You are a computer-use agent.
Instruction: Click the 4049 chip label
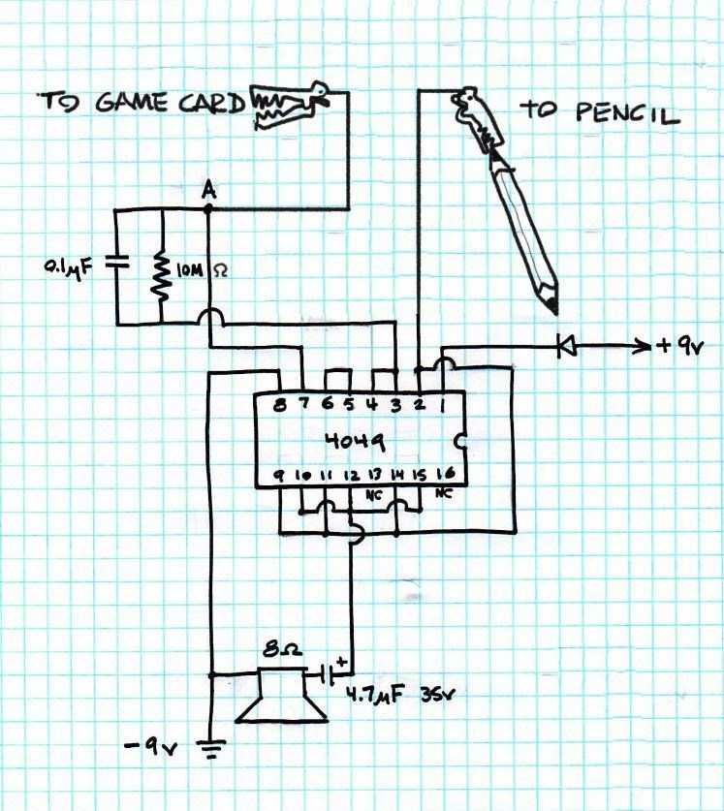click(356, 441)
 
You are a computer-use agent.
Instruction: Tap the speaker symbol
click(281, 695)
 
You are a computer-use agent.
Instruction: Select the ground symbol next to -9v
click(211, 749)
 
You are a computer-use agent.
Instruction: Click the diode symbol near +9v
click(567, 346)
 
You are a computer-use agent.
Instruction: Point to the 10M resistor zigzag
click(162, 276)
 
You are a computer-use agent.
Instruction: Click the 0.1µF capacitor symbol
click(117, 263)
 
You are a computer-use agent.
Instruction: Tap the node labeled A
click(208, 209)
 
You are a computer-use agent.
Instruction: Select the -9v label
click(151, 747)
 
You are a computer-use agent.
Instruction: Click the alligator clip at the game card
click(288, 105)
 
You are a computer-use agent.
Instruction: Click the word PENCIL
click(627, 112)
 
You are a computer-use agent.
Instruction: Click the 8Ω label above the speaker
click(282, 650)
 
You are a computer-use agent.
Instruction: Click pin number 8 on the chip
click(279, 404)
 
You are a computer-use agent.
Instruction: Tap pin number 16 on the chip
click(446, 473)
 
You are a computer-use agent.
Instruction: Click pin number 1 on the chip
click(443, 406)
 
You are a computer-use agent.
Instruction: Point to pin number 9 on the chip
click(278, 476)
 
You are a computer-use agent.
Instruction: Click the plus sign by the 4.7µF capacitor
click(341, 661)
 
